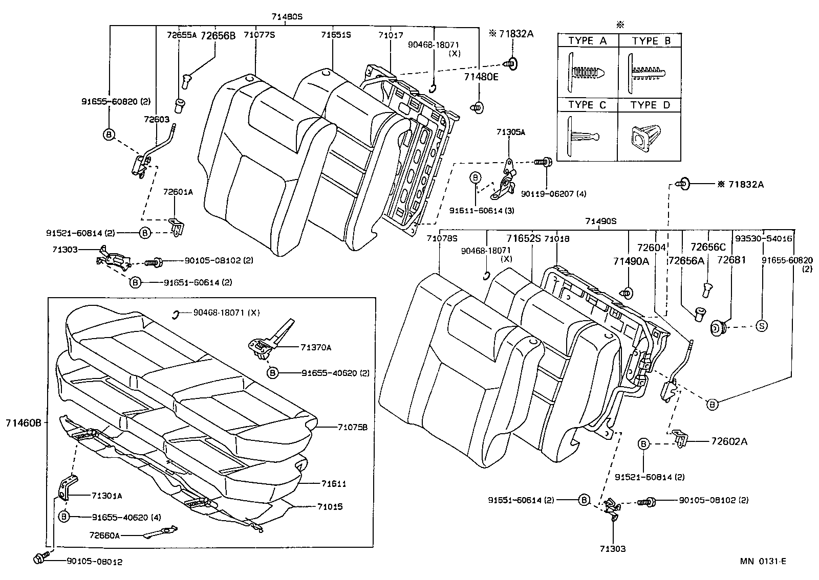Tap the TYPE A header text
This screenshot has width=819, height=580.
pyautogui.click(x=587, y=41)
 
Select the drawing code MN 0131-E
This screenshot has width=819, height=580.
pyautogui.click(x=762, y=562)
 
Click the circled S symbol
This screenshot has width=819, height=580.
pyautogui.click(x=761, y=326)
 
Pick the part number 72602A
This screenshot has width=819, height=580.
pyautogui.click(x=728, y=441)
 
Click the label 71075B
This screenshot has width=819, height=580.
pyautogui.click(x=352, y=427)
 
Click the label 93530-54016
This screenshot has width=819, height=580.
pyautogui.click(x=763, y=238)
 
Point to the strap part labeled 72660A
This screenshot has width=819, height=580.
pyautogui.click(x=161, y=533)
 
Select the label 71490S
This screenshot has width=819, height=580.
pyautogui.click(x=601, y=221)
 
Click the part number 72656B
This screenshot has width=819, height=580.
pyautogui.click(x=218, y=35)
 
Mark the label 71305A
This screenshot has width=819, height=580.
pyautogui.click(x=510, y=132)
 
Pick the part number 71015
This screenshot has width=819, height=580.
pyautogui.click(x=329, y=507)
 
